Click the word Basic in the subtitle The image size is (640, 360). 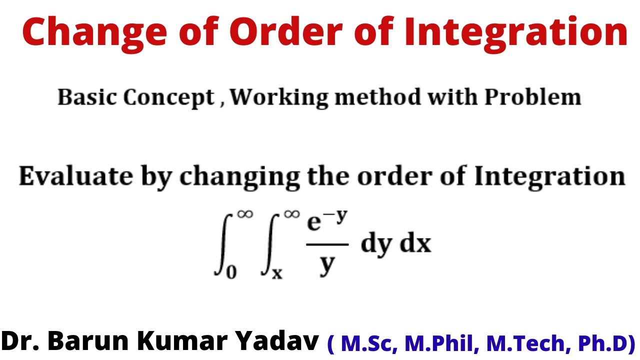click(87, 97)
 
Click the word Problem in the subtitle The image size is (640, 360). click(532, 97)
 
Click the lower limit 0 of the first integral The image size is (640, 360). click(231, 272)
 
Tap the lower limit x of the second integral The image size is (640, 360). click(277, 274)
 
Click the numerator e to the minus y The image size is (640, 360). click(326, 222)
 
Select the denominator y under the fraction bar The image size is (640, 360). click(326, 264)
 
